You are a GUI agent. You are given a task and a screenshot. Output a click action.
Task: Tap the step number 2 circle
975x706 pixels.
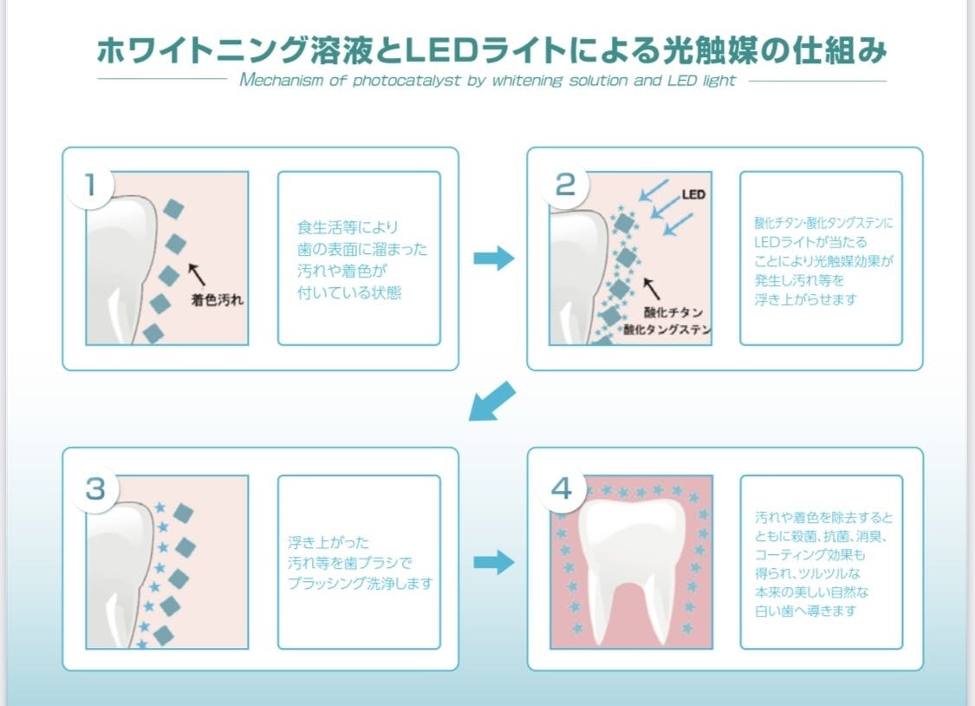[564, 184]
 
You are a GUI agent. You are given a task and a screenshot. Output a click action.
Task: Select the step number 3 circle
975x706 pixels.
[95, 488]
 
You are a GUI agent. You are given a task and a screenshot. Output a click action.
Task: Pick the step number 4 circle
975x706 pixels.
[562, 488]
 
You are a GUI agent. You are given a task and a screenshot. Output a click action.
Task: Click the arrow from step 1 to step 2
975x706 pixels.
[494, 258]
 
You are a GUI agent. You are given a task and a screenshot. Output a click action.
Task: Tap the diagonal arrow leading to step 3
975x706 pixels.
[491, 402]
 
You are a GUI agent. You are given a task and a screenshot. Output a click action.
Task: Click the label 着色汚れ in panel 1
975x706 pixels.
[218, 301]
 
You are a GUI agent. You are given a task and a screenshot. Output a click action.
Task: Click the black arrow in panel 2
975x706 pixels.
[652, 287]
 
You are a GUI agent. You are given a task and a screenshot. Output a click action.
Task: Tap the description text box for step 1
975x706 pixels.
[359, 258]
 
